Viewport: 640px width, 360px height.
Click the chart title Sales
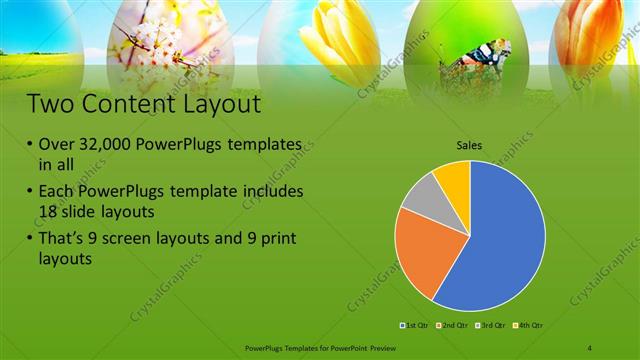click(469, 146)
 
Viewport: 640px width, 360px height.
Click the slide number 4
click(590, 347)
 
